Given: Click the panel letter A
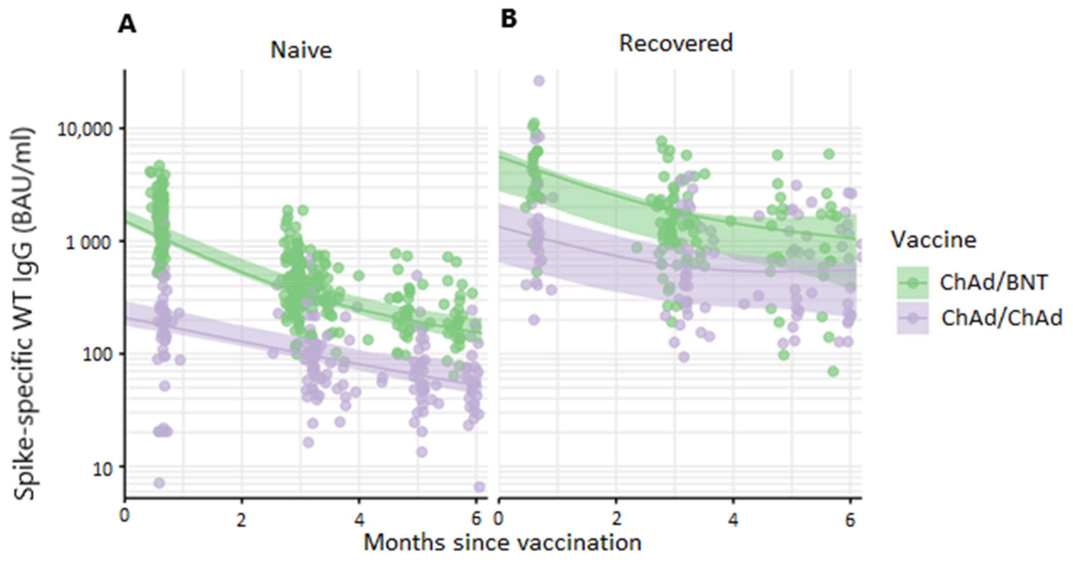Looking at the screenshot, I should pyautogui.click(x=127, y=25).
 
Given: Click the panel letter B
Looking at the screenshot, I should pyautogui.click(x=508, y=19).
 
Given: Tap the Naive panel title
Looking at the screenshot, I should pyautogui.click(x=301, y=50).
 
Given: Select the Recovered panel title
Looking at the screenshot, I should pyautogui.click(x=676, y=43).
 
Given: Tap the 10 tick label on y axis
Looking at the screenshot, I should pyautogui.click(x=102, y=468).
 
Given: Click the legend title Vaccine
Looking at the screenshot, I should pyautogui.click(x=933, y=240).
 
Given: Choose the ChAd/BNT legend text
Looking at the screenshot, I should pyautogui.click(x=993, y=283).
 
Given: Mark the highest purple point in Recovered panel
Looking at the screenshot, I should pyautogui.click(x=539, y=81).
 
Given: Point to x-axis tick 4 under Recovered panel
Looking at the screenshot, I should pyautogui.click(x=733, y=520).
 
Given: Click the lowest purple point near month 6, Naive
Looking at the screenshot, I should pyautogui.click(x=479, y=487).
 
